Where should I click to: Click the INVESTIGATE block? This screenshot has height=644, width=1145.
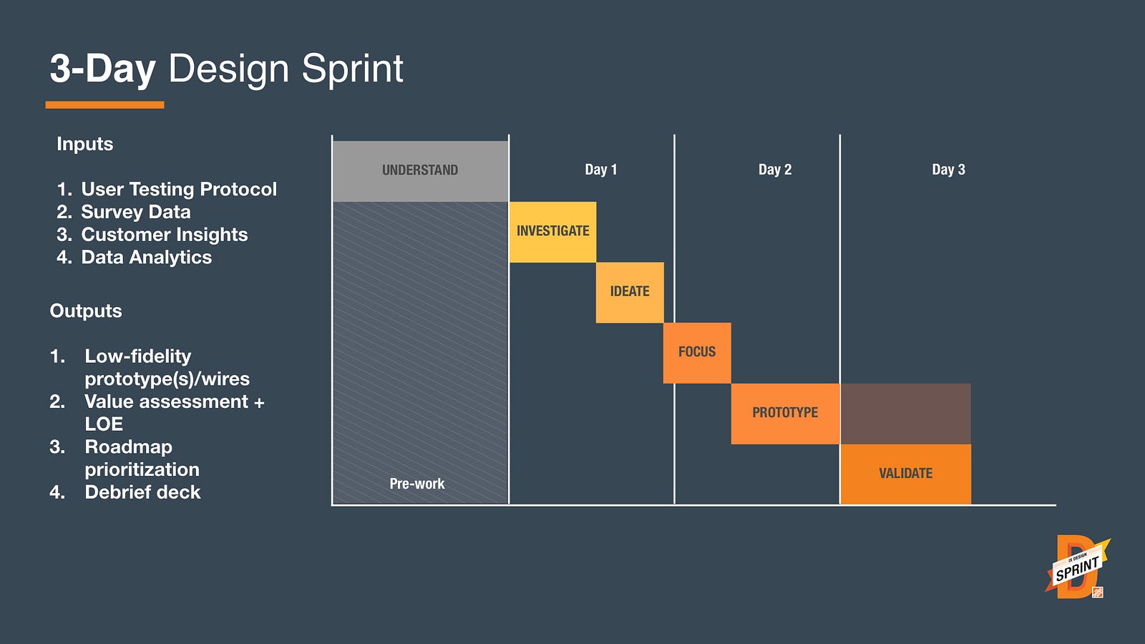[552, 232]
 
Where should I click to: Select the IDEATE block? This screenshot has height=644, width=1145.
[630, 293]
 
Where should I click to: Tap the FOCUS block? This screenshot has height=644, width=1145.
[697, 353]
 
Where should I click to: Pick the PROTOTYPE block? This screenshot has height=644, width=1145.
[785, 414]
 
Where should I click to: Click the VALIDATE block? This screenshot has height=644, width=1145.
[906, 474]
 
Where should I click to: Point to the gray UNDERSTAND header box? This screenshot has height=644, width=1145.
[420, 171]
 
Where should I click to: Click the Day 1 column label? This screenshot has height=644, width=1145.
[600, 170]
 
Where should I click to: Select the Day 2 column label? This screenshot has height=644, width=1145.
[775, 170]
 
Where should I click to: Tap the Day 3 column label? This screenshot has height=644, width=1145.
[948, 170]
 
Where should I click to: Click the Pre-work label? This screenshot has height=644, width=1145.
[417, 484]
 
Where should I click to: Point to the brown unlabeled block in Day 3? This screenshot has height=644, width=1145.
[906, 414]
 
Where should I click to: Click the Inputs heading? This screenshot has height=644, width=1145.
[85, 144]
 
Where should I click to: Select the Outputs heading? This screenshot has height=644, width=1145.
[86, 311]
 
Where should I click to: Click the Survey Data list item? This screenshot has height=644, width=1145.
[124, 212]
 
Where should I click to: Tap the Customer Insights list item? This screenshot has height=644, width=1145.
[152, 235]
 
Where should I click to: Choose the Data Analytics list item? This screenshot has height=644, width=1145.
[134, 257]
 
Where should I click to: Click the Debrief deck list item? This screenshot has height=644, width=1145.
[125, 492]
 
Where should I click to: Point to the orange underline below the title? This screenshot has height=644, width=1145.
[104, 104]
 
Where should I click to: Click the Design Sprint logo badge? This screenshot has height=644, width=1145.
[1077, 567]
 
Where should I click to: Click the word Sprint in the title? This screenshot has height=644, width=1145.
[353, 69]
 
